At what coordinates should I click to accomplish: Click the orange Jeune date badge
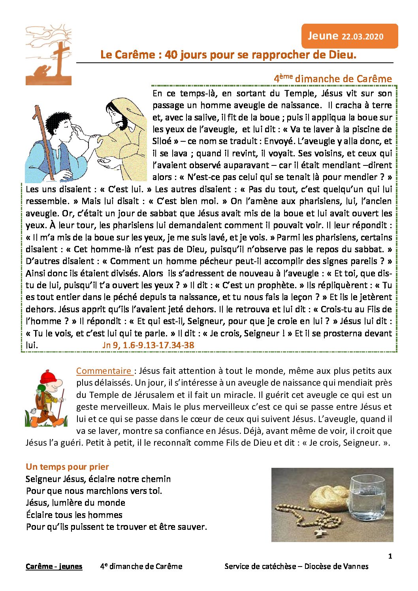tap(349, 36)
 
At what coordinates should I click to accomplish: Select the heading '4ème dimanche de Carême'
tap(333, 79)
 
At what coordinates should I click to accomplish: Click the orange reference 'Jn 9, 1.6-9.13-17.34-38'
tap(148, 345)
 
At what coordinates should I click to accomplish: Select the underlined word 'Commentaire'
tap(104, 371)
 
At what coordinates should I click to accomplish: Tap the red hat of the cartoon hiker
tap(47, 377)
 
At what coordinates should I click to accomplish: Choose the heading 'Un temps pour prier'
tap(67, 467)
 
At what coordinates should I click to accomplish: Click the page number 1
tap(390, 556)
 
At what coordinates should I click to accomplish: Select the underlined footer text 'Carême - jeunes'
tap(54, 567)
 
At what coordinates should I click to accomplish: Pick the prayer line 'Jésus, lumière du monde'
tap(75, 503)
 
